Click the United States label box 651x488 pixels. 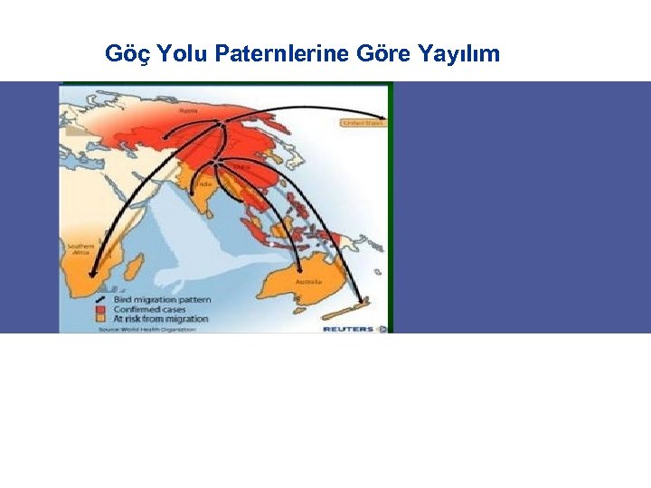point(363,122)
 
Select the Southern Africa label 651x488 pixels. point(82,249)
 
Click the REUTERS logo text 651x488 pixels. point(349,329)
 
